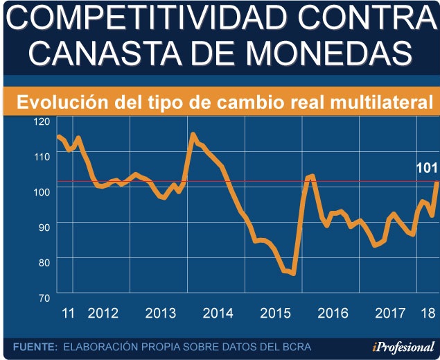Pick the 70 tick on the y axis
pos(44,297)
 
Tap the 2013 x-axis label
pos(161,313)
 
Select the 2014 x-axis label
pos(218,313)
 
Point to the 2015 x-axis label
pos(275,313)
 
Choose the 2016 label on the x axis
pos(333,313)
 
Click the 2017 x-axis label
pos(390,313)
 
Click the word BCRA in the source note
pos(297,346)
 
